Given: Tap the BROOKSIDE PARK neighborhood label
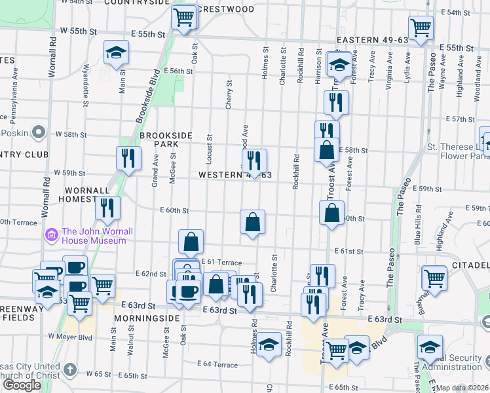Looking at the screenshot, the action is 166,140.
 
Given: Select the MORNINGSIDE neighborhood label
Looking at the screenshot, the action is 148,318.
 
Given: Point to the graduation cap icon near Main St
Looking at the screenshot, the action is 116,52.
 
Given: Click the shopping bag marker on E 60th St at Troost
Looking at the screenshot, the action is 332,212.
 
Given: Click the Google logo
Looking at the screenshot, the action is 22,384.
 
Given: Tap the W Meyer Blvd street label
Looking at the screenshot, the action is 83,339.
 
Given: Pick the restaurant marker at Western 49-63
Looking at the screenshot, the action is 254,160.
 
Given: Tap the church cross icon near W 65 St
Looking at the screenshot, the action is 71,371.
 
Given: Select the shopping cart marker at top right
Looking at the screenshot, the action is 420,28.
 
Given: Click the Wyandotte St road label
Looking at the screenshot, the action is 85,85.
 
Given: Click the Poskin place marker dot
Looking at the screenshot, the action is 39,133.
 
